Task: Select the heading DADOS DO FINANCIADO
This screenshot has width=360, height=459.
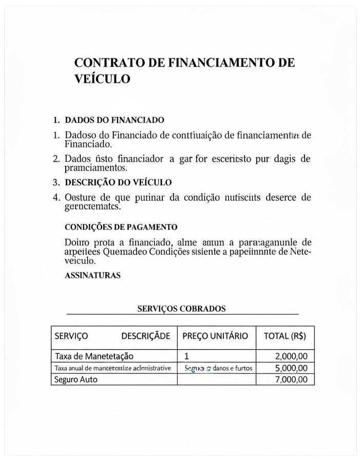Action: click(x=115, y=120)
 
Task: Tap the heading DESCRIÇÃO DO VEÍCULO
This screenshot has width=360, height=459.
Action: click(x=118, y=182)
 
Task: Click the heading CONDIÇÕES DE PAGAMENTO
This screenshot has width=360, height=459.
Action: click(x=121, y=227)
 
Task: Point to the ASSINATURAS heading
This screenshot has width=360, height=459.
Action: click(x=92, y=275)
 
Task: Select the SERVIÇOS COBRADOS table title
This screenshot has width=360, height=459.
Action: click(x=181, y=309)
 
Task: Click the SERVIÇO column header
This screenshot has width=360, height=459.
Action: click(x=71, y=336)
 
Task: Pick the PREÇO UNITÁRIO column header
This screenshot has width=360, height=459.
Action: click(x=215, y=336)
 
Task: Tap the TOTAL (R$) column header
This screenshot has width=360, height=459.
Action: click(x=285, y=336)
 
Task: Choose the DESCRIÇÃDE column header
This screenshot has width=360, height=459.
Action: click(x=145, y=336)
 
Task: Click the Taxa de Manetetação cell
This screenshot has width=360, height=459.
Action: click(x=94, y=356)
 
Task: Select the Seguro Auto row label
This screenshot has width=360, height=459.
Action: click(x=76, y=379)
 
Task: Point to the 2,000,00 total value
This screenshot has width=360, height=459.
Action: click(x=291, y=356)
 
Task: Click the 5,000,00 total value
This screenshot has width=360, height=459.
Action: click(x=291, y=368)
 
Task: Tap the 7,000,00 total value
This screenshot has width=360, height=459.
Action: click(x=291, y=379)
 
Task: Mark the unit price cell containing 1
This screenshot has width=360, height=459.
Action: click(x=186, y=356)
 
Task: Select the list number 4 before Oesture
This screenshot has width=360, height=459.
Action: click(x=56, y=197)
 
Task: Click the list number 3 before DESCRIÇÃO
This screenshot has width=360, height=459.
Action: click(x=56, y=182)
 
